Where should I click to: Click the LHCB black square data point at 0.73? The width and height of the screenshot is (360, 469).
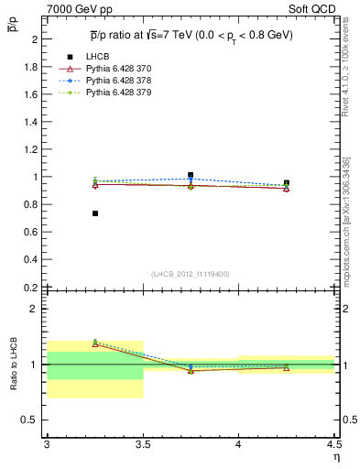click(95, 213)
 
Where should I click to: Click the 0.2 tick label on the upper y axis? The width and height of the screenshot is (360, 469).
click(32, 287)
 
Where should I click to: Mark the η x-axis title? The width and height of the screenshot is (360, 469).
click(336, 457)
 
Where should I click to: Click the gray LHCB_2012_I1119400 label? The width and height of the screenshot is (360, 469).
click(190, 274)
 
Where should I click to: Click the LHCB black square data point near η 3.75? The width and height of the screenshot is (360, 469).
click(191, 175)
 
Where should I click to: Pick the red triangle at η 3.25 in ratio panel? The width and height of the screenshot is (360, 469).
click(95, 344)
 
